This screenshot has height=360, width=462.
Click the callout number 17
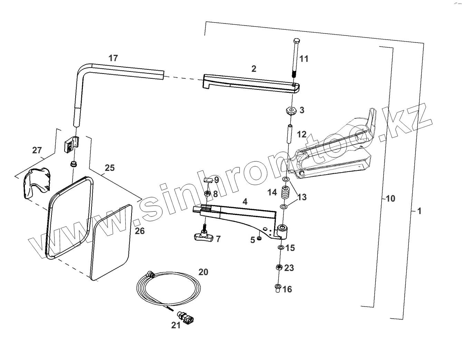113,58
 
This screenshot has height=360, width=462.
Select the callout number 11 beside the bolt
304,59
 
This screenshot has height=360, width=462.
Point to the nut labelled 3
291,111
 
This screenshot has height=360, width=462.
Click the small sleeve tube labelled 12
290,134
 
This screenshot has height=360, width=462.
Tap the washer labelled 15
281,247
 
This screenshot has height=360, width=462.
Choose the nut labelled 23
279,267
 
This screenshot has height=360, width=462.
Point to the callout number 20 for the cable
203,272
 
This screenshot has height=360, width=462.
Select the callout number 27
37,150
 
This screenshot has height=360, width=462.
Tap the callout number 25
109,168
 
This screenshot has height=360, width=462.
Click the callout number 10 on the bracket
390,198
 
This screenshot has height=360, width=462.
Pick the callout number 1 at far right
419,211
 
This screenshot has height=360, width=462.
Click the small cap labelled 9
208,180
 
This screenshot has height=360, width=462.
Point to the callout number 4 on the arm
245,201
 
